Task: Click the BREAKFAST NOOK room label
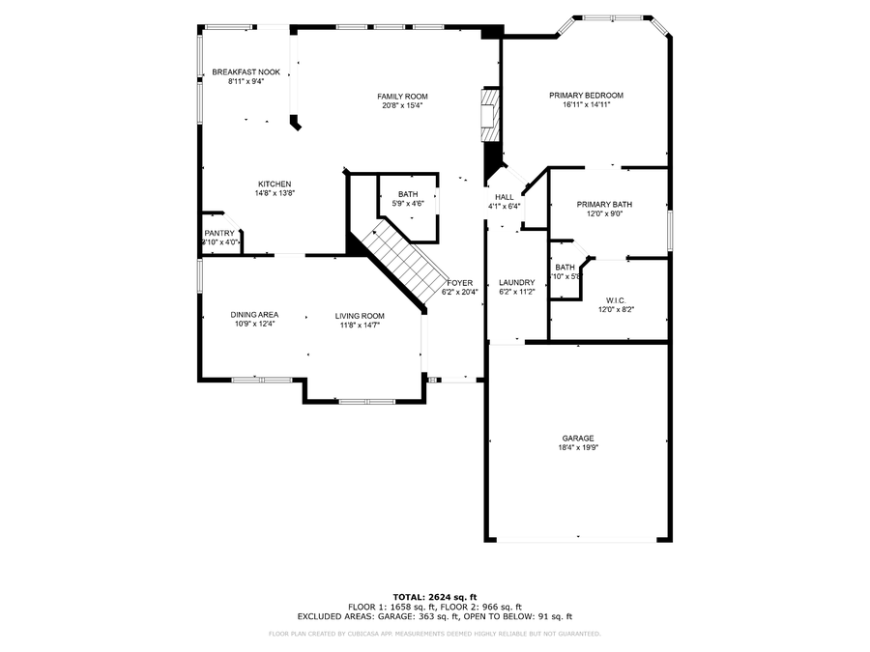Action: [x=246, y=72]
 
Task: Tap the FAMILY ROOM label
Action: [x=402, y=97]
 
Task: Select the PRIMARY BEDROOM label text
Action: [x=586, y=96]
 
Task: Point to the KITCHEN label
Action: [x=275, y=184]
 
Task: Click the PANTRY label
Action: [x=219, y=233]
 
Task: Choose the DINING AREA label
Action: [x=254, y=315]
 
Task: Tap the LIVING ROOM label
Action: [x=360, y=316]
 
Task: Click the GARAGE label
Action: [x=578, y=438]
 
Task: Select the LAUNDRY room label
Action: [x=516, y=282]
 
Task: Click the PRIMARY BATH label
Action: [x=604, y=204]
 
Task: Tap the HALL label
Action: [x=504, y=197]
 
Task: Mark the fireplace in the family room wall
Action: [x=491, y=115]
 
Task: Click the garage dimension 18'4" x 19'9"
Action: [x=578, y=447]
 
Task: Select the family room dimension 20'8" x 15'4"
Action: [x=402, y=105]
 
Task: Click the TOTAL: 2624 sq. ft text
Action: [x=434, y=596]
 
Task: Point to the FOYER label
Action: [x=459, y=282]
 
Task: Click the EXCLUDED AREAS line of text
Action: [x=434, y=615]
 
